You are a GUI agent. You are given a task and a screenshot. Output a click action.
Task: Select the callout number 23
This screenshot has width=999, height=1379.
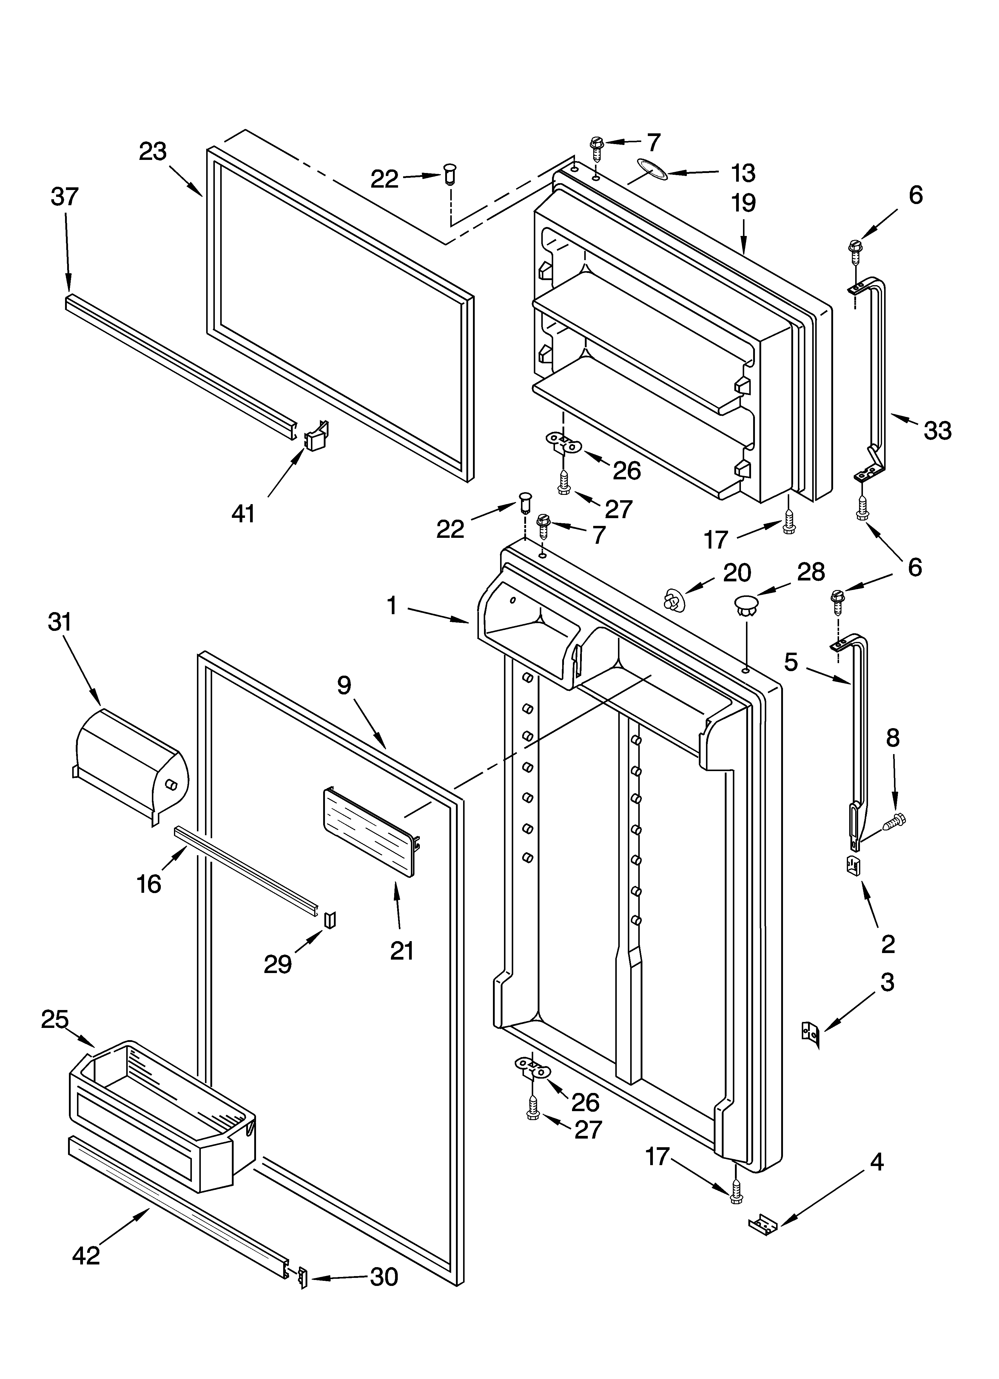[x=153, y=152]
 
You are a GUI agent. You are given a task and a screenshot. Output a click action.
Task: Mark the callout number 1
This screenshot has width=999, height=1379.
[x=392, y=605]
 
